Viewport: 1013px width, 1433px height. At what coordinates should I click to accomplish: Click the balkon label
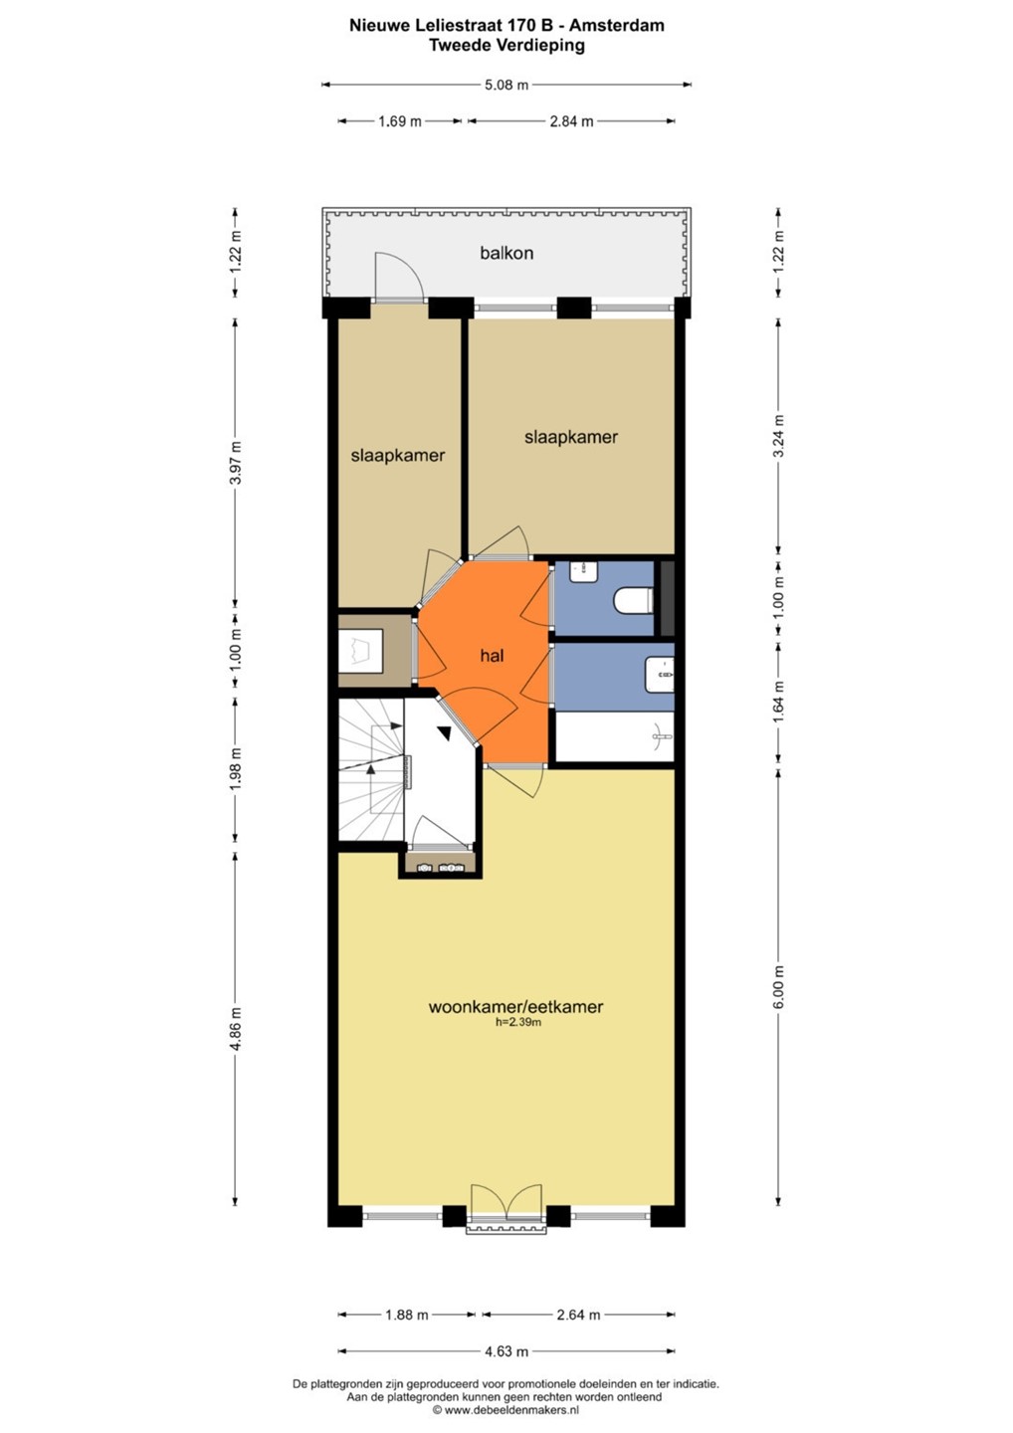coord(506,254)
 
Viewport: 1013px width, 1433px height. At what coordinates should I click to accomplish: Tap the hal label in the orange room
coord(493,656)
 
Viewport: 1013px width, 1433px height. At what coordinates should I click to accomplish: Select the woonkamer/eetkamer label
coord(515,1006)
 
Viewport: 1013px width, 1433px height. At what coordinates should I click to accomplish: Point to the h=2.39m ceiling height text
coord(518,1022)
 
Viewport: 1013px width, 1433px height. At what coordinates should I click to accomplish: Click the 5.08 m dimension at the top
coord(506,85)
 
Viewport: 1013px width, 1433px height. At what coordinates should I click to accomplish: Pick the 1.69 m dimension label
coord(400,121)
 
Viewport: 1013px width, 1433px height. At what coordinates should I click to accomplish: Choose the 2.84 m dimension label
coord(572,121)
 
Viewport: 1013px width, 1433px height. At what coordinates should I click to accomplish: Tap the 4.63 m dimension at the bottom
coord(506,1351)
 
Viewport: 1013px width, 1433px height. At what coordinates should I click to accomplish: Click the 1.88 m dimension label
coord(407,1316)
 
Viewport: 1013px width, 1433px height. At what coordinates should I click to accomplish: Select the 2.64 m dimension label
coord(578,1316)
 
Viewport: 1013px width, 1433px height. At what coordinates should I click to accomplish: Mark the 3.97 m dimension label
coord(236,464)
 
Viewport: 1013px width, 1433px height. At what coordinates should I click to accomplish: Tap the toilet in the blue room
coord(633,601)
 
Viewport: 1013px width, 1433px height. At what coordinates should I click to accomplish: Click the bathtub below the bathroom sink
coord(615,736)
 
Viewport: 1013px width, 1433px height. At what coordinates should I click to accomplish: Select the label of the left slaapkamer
coord(398,456)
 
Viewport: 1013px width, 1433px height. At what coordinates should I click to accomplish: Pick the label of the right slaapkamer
coord(571,437)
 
